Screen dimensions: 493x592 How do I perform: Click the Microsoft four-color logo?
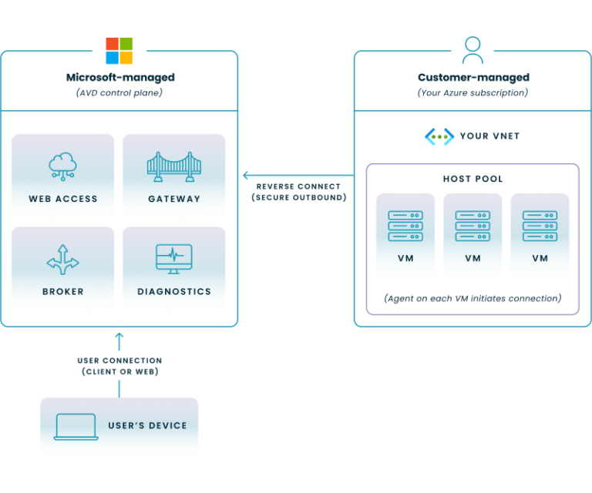[119, 51]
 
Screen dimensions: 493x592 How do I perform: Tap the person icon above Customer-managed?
[473, 50]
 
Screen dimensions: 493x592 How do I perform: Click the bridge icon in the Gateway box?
[173, 166]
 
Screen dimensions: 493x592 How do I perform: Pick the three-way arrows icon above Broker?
[62, 260]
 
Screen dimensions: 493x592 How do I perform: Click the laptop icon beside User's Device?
[76, 427]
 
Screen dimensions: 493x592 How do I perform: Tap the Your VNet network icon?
[439, 136]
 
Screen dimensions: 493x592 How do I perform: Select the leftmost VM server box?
[405, 236]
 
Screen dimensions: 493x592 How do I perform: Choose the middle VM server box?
[473, 236]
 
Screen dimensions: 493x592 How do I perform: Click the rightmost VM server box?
[540, 236]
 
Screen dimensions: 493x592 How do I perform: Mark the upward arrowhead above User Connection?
[119, 337]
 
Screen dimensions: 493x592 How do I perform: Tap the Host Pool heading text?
[473, 179]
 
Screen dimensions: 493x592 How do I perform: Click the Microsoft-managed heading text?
[119, 77]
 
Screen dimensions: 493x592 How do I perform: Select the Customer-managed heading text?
[473, 77]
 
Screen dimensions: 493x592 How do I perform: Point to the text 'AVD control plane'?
[119, 92]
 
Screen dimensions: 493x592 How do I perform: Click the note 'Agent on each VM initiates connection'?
[473, 297]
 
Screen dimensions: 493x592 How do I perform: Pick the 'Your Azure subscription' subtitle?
[473, 92]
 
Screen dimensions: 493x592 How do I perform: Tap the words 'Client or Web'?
[119, 372]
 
